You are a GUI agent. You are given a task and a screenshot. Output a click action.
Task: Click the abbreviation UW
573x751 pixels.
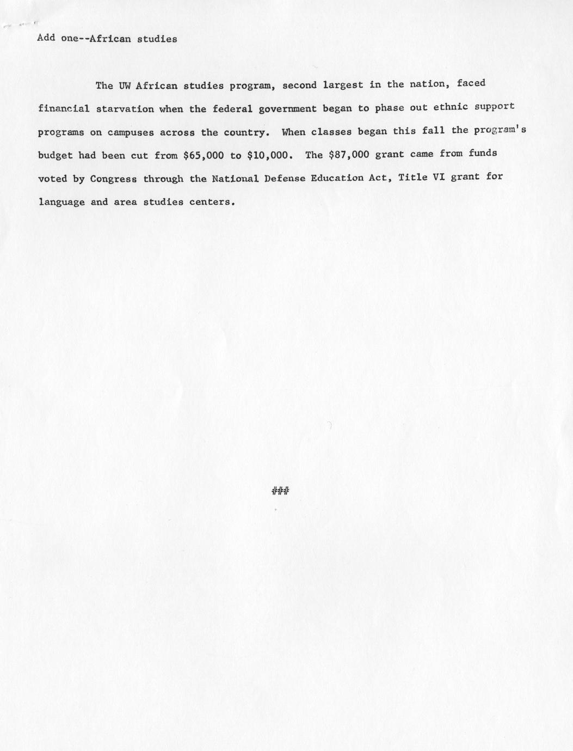[120, 86]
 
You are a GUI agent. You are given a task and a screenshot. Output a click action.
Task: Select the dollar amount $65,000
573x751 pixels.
[204, 155]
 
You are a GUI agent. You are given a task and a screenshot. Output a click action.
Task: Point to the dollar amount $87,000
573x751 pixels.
[349, 155]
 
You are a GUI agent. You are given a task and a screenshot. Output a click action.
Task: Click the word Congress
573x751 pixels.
[113, 179]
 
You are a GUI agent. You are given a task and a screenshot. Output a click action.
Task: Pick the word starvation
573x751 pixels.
[125, 108]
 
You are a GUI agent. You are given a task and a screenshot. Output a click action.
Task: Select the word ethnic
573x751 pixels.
[451, 107]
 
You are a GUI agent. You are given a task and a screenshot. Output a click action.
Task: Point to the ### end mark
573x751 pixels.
[280, 492]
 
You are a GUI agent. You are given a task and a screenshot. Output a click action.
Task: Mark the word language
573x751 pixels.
[61, 203]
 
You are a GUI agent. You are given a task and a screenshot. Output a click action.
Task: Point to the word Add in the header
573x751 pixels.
[46, 39]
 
